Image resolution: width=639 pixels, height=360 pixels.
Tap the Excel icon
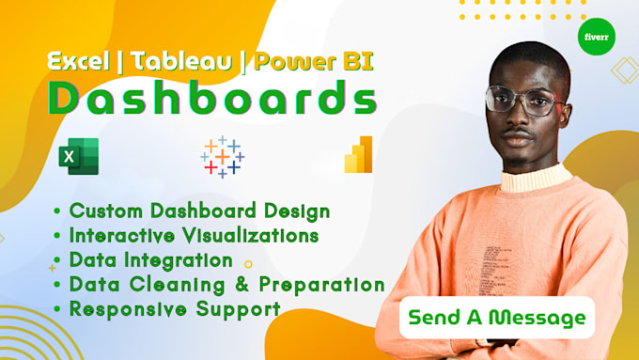tap(78, 157)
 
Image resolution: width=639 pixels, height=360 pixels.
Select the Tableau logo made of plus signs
tap(222, 157)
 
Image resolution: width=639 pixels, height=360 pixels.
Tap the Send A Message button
tap(496, 318)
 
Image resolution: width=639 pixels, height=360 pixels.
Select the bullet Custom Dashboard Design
tap(192, 211)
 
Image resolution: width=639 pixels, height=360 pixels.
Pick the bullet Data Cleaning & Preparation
tap(219, 284)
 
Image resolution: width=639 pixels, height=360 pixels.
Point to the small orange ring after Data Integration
tap(248, 265)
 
